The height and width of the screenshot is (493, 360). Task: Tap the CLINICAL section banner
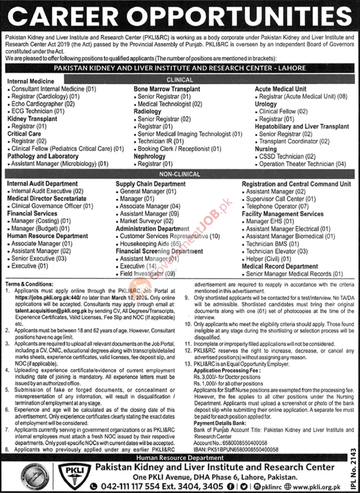pos(180,80)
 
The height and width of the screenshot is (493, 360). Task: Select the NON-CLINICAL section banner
pos(180,176)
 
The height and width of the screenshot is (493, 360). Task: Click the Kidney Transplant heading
pos(32,118)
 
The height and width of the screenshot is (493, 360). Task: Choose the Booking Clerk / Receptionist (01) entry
pos(180,149)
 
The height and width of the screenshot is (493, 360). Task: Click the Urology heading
pos(266,104)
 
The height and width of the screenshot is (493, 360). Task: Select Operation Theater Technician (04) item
pos(302,164)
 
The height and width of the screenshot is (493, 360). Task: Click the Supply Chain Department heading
pos(150,184)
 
